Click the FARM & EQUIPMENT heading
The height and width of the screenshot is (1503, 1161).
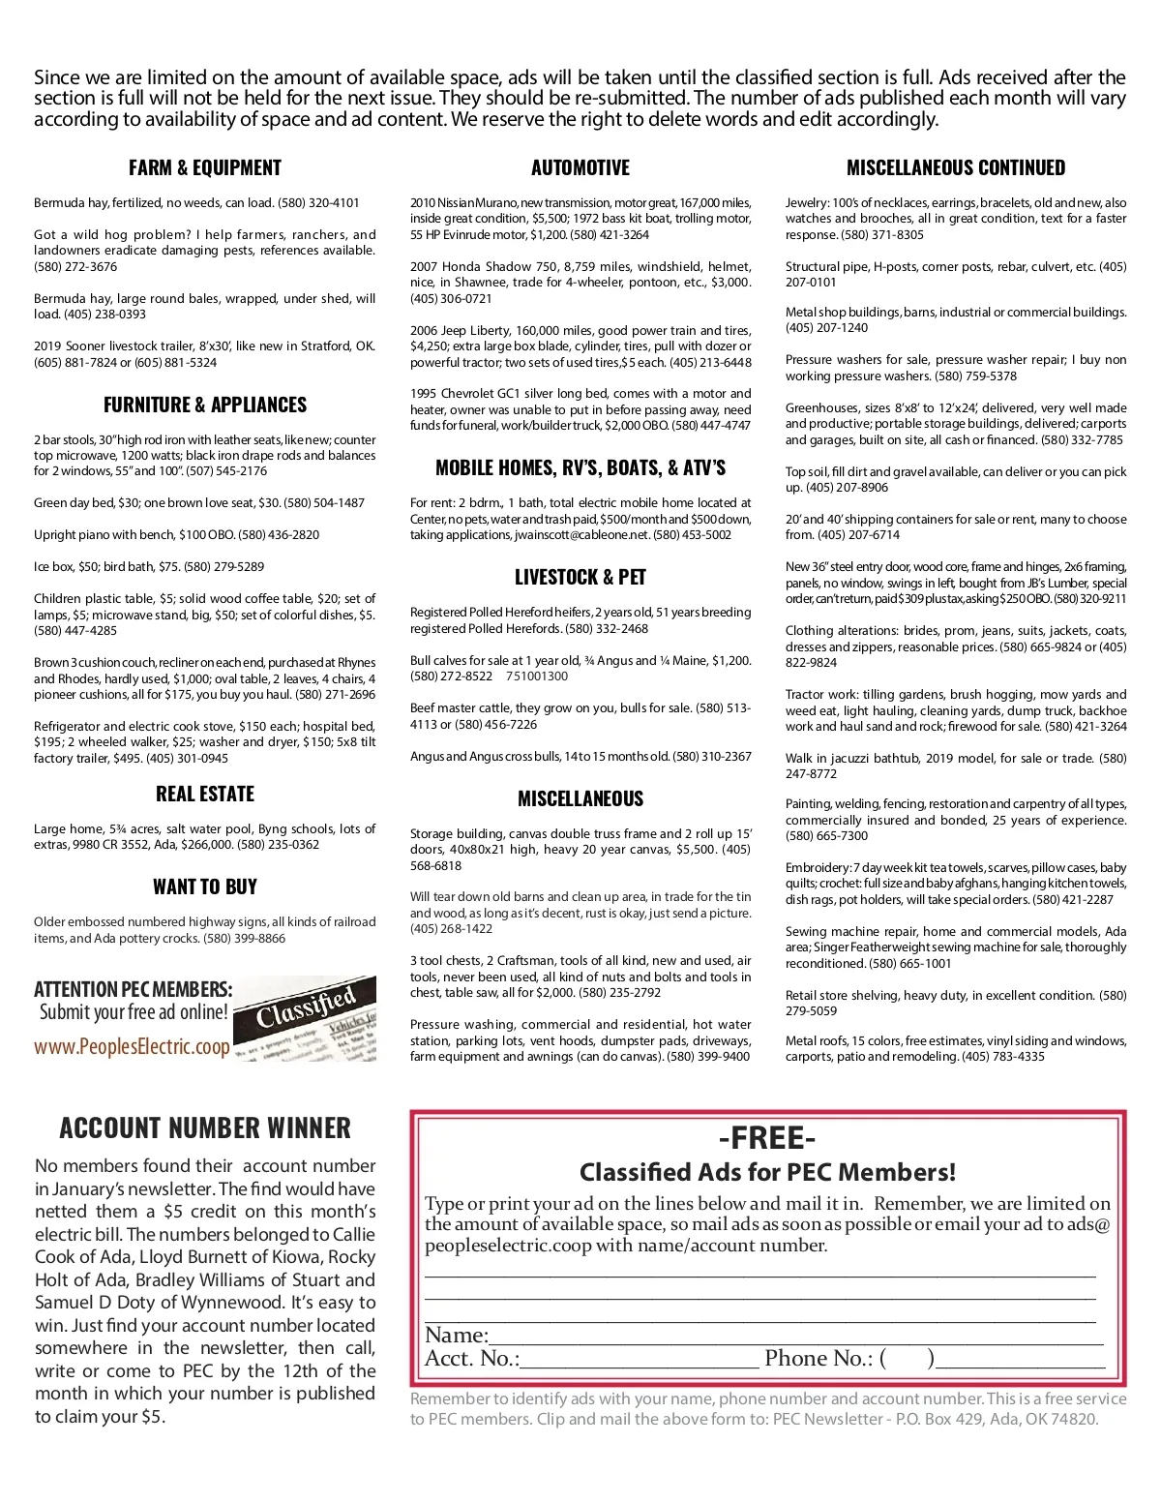point(205,167)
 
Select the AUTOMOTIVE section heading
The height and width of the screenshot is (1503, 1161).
point(580,167)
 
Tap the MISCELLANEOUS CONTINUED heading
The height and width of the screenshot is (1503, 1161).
point(956,167)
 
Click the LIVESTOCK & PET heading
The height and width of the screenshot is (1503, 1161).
point(580,577)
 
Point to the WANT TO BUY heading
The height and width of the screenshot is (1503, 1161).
point(205,887)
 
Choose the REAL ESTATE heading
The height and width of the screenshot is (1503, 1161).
point(205,794)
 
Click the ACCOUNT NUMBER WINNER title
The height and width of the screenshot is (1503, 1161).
point(205,1127)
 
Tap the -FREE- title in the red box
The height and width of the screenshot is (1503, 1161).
point(767,1137)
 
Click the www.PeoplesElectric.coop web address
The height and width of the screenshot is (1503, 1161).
point(132,1046)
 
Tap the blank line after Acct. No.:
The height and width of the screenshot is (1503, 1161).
point(639,1361)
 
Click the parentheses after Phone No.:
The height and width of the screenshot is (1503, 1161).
point(908,1359)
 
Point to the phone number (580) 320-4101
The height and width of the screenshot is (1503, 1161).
point(318,203)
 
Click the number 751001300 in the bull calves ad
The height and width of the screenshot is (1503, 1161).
point(537,676)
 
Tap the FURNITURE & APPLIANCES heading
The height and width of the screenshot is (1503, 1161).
point(205,405)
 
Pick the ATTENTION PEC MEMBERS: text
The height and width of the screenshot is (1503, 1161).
point(133,989)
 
